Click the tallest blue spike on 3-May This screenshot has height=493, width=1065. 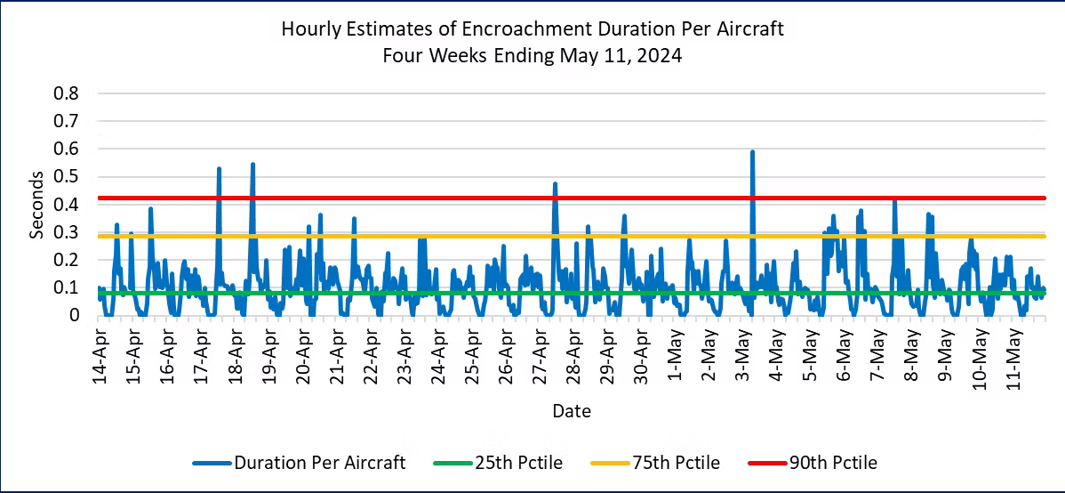click(x=752, y=152)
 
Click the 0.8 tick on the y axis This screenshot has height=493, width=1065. click(x=68, y=93)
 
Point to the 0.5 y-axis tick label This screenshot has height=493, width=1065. click(x=68, y=177)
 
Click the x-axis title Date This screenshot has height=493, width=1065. click(x=571, y=411)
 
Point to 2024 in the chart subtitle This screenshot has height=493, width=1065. click(x=661, y=55)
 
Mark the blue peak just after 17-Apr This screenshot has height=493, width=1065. click(x=219, y=168)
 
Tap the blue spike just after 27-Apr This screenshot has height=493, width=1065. click(x=555, y=184)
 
